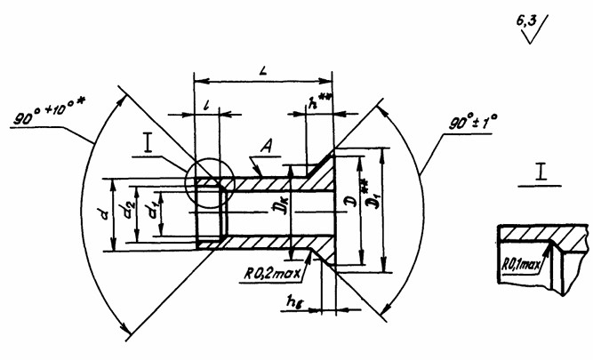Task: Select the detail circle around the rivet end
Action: [x=210, y=183]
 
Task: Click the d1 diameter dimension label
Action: [x=154, y=213]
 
